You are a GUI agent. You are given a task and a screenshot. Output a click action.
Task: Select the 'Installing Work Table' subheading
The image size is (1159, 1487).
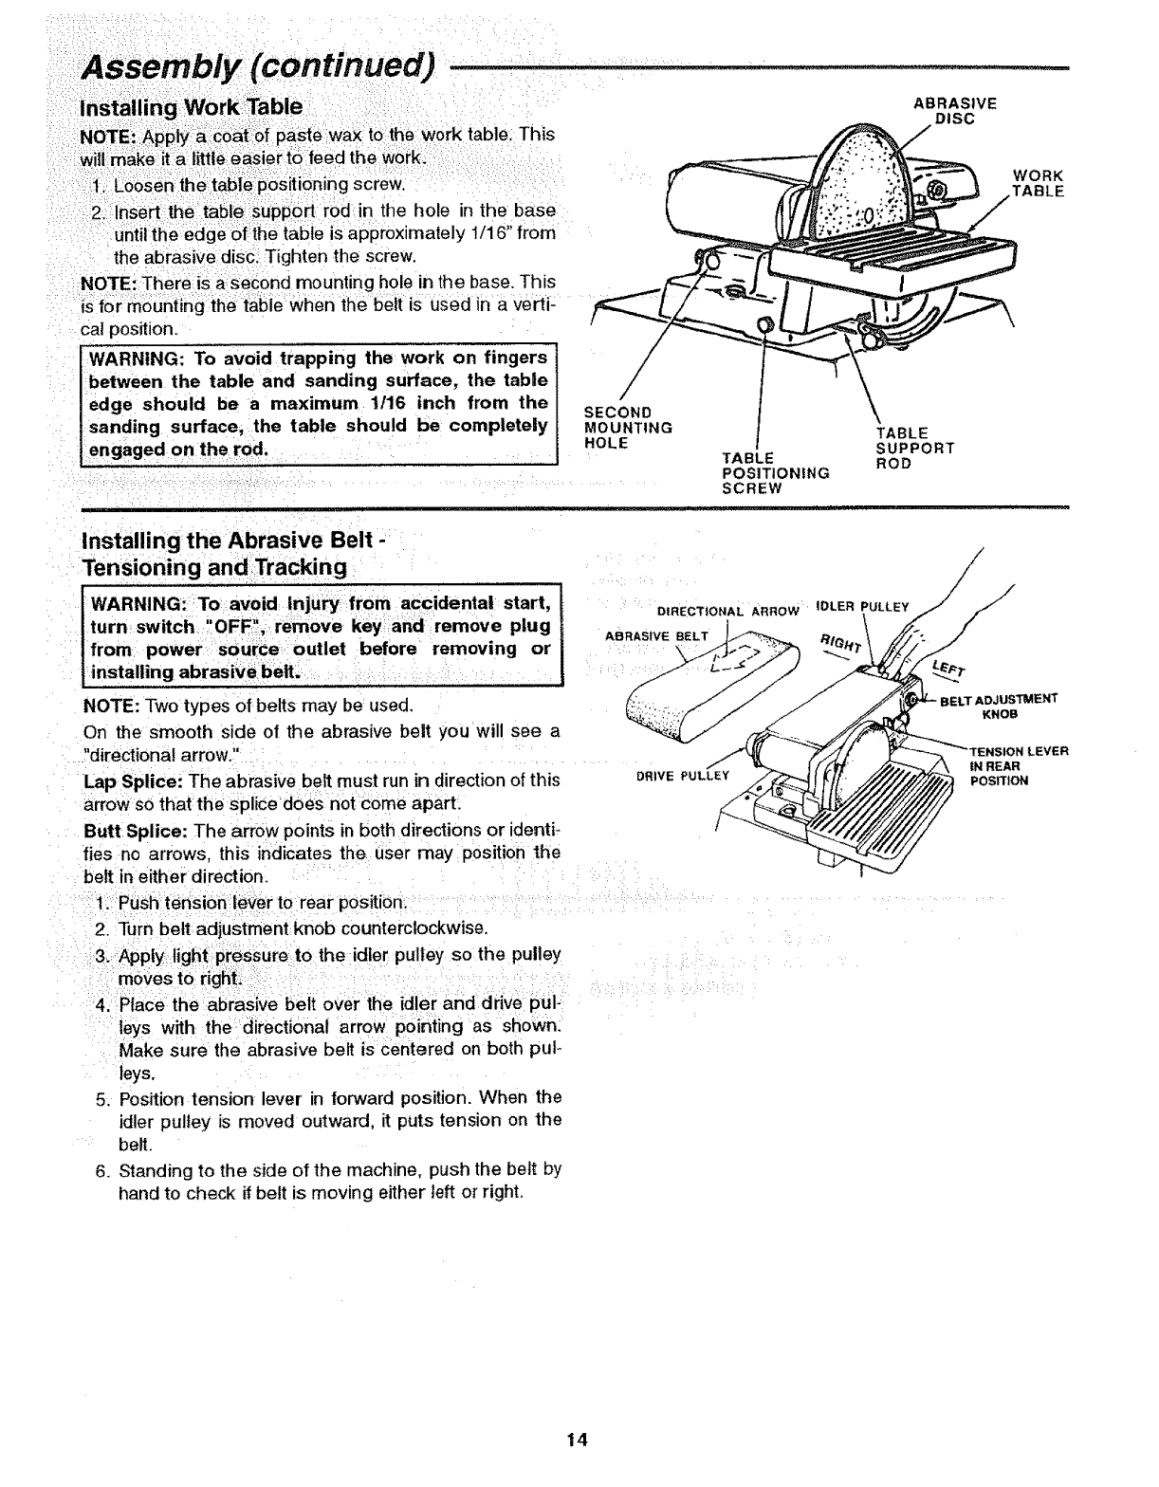(193, 106)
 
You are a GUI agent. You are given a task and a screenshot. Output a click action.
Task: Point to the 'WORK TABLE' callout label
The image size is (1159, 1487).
(1038, 183)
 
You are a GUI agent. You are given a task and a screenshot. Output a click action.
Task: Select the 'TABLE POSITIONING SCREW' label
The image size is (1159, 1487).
(776, 472)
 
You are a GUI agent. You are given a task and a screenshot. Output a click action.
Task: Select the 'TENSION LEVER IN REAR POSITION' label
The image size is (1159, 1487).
(1019, 766)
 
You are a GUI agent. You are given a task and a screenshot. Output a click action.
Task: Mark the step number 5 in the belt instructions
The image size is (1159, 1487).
(101, 1098)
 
